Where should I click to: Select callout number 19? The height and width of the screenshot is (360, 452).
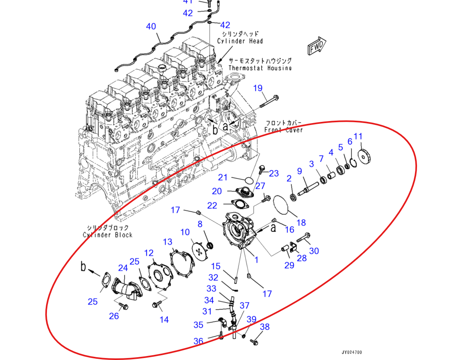click(x=258, y=88)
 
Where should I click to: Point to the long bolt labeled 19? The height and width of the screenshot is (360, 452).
click(x=270, y=102)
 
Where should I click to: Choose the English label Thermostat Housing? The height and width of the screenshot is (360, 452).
click(x=260, y=68)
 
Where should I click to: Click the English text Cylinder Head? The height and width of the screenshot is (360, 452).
click(x=240, y=41)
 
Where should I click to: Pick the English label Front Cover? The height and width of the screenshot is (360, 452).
click(x=284, y=130)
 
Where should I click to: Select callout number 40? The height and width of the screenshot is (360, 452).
click(x=151, y=27)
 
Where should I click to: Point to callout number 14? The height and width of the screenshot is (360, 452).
click(x=164, y=319)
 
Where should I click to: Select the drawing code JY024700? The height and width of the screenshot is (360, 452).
click(x=352, y=352)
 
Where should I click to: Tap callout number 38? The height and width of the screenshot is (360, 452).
click(x=265, y=327)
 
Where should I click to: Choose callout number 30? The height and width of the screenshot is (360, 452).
click(x=314, y=251)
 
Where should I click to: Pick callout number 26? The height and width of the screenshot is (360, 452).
click(x=114, y=317)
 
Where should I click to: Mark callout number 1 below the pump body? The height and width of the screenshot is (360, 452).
click(x=256, y=260)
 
